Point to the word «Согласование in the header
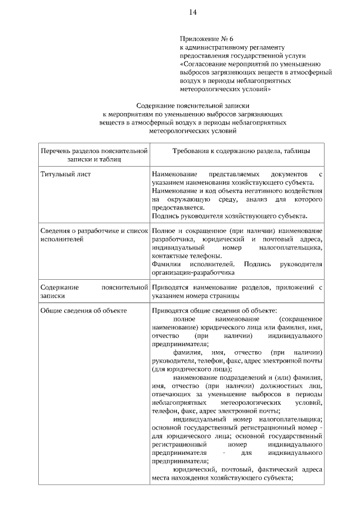click(x=201, y=64)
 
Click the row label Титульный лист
click(x=65, y=174)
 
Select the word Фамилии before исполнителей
click(x=165, y=264)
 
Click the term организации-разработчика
click(x=192, y=272)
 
